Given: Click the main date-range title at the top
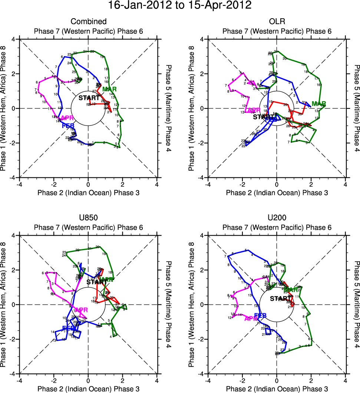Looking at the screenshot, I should click(x=179, y=6).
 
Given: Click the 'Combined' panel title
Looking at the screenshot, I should click(x=88, y=22).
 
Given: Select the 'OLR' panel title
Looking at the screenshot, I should click(x=277, y=22).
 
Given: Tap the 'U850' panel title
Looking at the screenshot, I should click(x=88, y=218).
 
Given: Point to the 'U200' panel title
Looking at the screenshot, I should click(x=277, y=218).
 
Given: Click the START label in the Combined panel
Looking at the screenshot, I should click(x=89, y=98).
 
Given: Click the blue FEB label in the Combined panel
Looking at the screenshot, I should click(x=68, y=126).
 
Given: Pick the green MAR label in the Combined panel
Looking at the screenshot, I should click(x=109, y=89).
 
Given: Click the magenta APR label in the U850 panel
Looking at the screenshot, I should click(x=81, y=310).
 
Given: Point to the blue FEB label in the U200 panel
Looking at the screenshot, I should click(x=260, y=315).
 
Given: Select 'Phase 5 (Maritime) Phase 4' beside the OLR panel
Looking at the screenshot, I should click(x=356, y=108).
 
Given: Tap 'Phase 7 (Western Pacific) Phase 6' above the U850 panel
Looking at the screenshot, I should click(x=88, y=227).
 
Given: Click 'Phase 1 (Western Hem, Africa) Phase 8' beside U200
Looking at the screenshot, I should click(x=192, y=304).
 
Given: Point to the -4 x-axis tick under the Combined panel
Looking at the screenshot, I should click(x=19, y=184).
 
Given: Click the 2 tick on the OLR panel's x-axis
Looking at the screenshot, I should click(x=311, y=184).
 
